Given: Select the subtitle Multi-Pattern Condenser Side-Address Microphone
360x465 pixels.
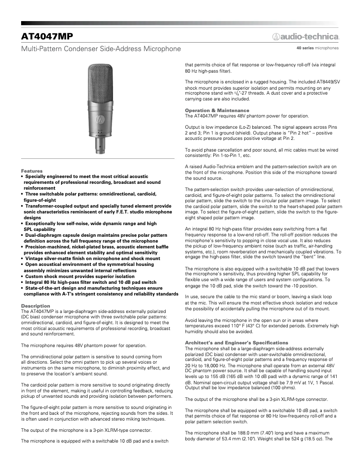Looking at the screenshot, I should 101,48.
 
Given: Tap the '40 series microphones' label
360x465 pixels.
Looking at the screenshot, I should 317,48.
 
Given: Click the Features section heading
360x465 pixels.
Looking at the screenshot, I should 31,171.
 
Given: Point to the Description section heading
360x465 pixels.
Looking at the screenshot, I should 35,305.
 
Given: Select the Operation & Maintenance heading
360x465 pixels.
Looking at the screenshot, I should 217,110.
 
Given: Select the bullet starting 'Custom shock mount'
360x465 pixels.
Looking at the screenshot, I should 81,277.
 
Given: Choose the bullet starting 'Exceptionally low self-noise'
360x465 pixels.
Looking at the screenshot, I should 90,223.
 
